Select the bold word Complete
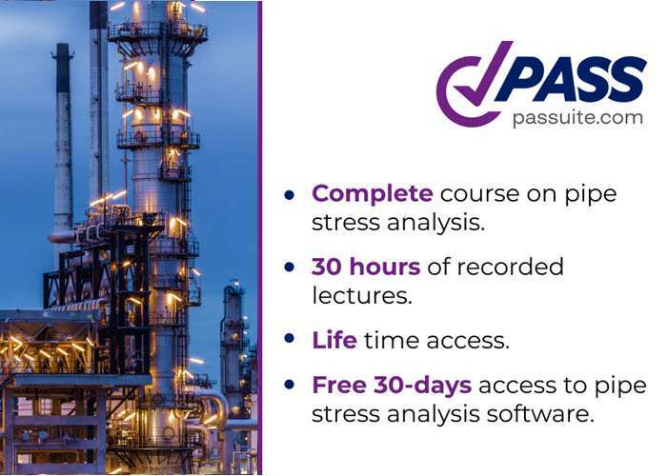373,193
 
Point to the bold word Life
333,339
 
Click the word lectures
361,295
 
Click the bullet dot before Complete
290,195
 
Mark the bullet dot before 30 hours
290,268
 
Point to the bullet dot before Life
290,340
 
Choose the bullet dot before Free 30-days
290,387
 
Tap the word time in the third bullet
394,339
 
